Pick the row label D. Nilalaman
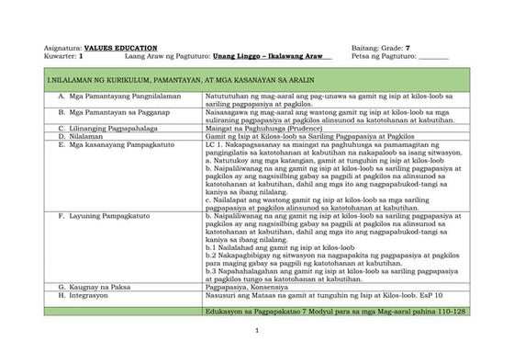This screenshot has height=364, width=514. (x=85, y=134)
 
